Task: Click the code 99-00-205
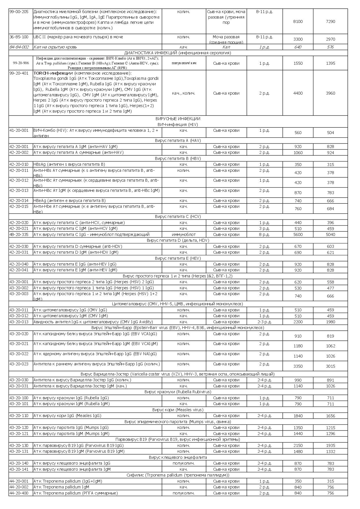click(x=19, y=12)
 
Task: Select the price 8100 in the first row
click(x=298, y=21)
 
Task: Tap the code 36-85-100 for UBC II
click(x=19, y=37)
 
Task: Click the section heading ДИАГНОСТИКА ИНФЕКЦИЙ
click(x=178, y=53)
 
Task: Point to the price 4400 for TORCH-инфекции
click(x=298, y=93)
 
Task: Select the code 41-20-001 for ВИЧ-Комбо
click(x=19, y=131)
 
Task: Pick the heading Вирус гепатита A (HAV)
click(x=178, y=141)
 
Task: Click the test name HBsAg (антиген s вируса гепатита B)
click(x=69, y=165)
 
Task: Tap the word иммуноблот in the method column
click(x=184, y=234)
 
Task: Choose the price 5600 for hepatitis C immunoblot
click(x=298, y=234)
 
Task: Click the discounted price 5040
click(x=330, y=234)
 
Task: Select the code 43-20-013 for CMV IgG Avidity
click(x=19, y=322)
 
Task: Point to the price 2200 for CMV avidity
click(x=298, y=322)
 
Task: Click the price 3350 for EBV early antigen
click(x=298, y=366)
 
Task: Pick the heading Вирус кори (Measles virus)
click(x=178, y=410)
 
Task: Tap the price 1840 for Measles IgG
click(x=298, y=416)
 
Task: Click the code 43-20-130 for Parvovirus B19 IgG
click(x=19, y=445)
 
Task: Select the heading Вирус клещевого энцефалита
click(x=178, y=457)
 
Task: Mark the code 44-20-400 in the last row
click(x=19, y=493)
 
